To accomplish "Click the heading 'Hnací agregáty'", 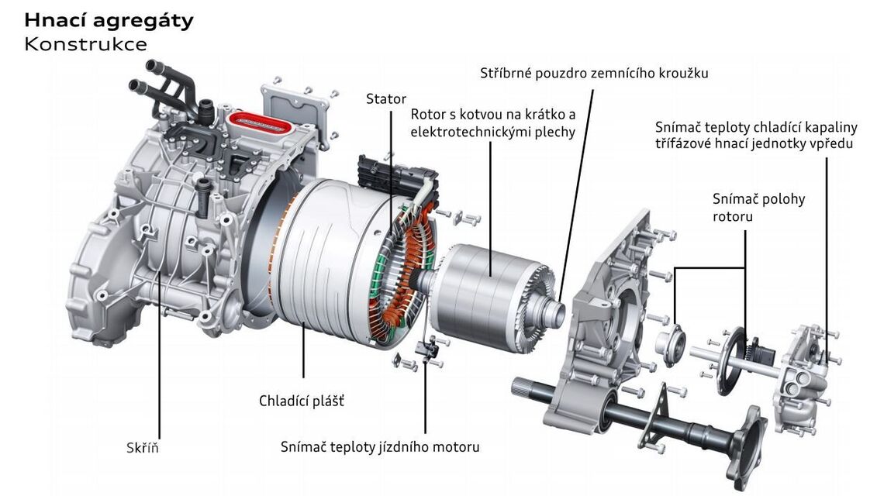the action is pyautogui.click(x=109, y=21).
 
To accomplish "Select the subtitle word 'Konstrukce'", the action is pyautogui.click(x=85, y=44).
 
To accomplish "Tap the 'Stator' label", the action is pyautogui.click(x=386, y=99).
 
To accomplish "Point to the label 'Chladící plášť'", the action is pyautogui.click(x=302, y=401).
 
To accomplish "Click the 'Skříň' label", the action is pyautogui.click(x=142, y=448).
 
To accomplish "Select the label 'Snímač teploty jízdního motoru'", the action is pyautogui.click(x=380, y=447).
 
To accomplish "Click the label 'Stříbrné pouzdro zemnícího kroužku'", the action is pyautogui.click(x=594, y=74).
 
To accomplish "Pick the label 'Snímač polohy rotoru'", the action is pyautogui.click(x=758, y=208).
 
